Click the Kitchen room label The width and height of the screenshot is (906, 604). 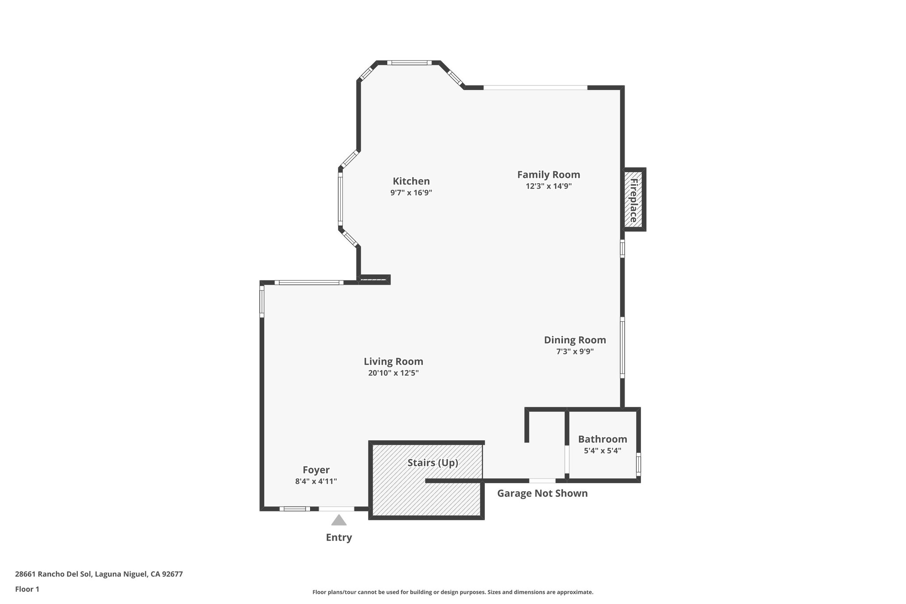[x=411, y=181]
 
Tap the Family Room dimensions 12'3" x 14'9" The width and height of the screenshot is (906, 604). [x=549, y=186]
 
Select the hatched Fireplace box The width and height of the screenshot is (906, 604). [x=633, y=200]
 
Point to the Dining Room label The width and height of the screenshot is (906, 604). [x=575, y=340]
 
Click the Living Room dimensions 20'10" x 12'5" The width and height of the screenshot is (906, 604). [x=393, y=373]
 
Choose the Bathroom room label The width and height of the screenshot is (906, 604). [x=603, y=439]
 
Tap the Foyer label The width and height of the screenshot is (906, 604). [x=316, y=470]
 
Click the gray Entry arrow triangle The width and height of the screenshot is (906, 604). [x=339, y=520]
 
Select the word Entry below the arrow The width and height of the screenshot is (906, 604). [x=339, y=538]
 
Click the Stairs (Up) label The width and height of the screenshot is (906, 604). [x=433, y=463]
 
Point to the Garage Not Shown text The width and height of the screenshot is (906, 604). [x=542, y=493]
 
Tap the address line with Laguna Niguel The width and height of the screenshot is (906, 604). [x=99, y=574]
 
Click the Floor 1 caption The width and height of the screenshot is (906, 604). [x=27, y=589]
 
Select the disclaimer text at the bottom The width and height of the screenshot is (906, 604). [x=453, y=592]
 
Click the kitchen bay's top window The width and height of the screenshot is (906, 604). [x=409, y=63]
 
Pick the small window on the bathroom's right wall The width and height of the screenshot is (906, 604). [x=638, y=464]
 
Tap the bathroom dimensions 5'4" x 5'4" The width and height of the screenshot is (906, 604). [x=603, y=451]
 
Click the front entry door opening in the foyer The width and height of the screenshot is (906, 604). [x=337, y=509]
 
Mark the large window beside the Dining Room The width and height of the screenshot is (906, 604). [x=622, y=348]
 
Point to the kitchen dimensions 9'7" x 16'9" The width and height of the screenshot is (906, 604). [x=411, y=193]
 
